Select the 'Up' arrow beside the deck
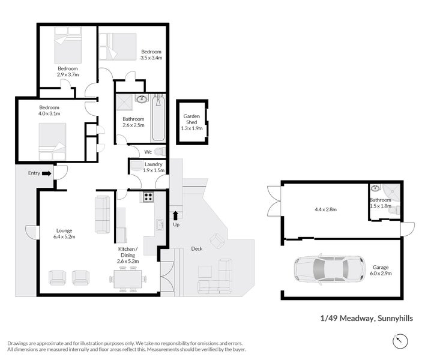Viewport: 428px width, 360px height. coord(175,217)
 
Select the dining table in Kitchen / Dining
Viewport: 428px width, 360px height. coord(127,278)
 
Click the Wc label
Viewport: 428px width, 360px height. coord(148,151)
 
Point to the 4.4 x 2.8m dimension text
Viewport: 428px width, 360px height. coord(326,210)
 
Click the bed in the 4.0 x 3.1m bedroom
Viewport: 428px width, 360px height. coord(51,139)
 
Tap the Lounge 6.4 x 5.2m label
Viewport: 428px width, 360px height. coord(65,233)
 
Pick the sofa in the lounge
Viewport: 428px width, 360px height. coord(103,214)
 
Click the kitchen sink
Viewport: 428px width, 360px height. coord(160,225)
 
